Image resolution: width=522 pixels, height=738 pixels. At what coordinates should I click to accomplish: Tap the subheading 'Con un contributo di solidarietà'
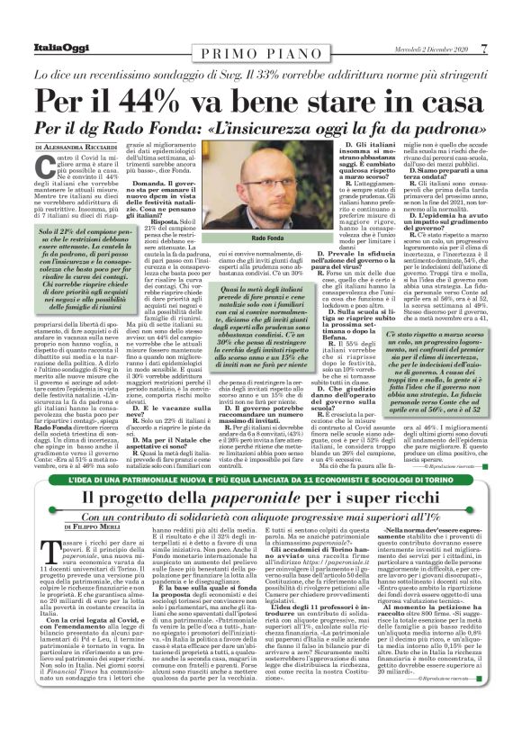click(x=260, y=517)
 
